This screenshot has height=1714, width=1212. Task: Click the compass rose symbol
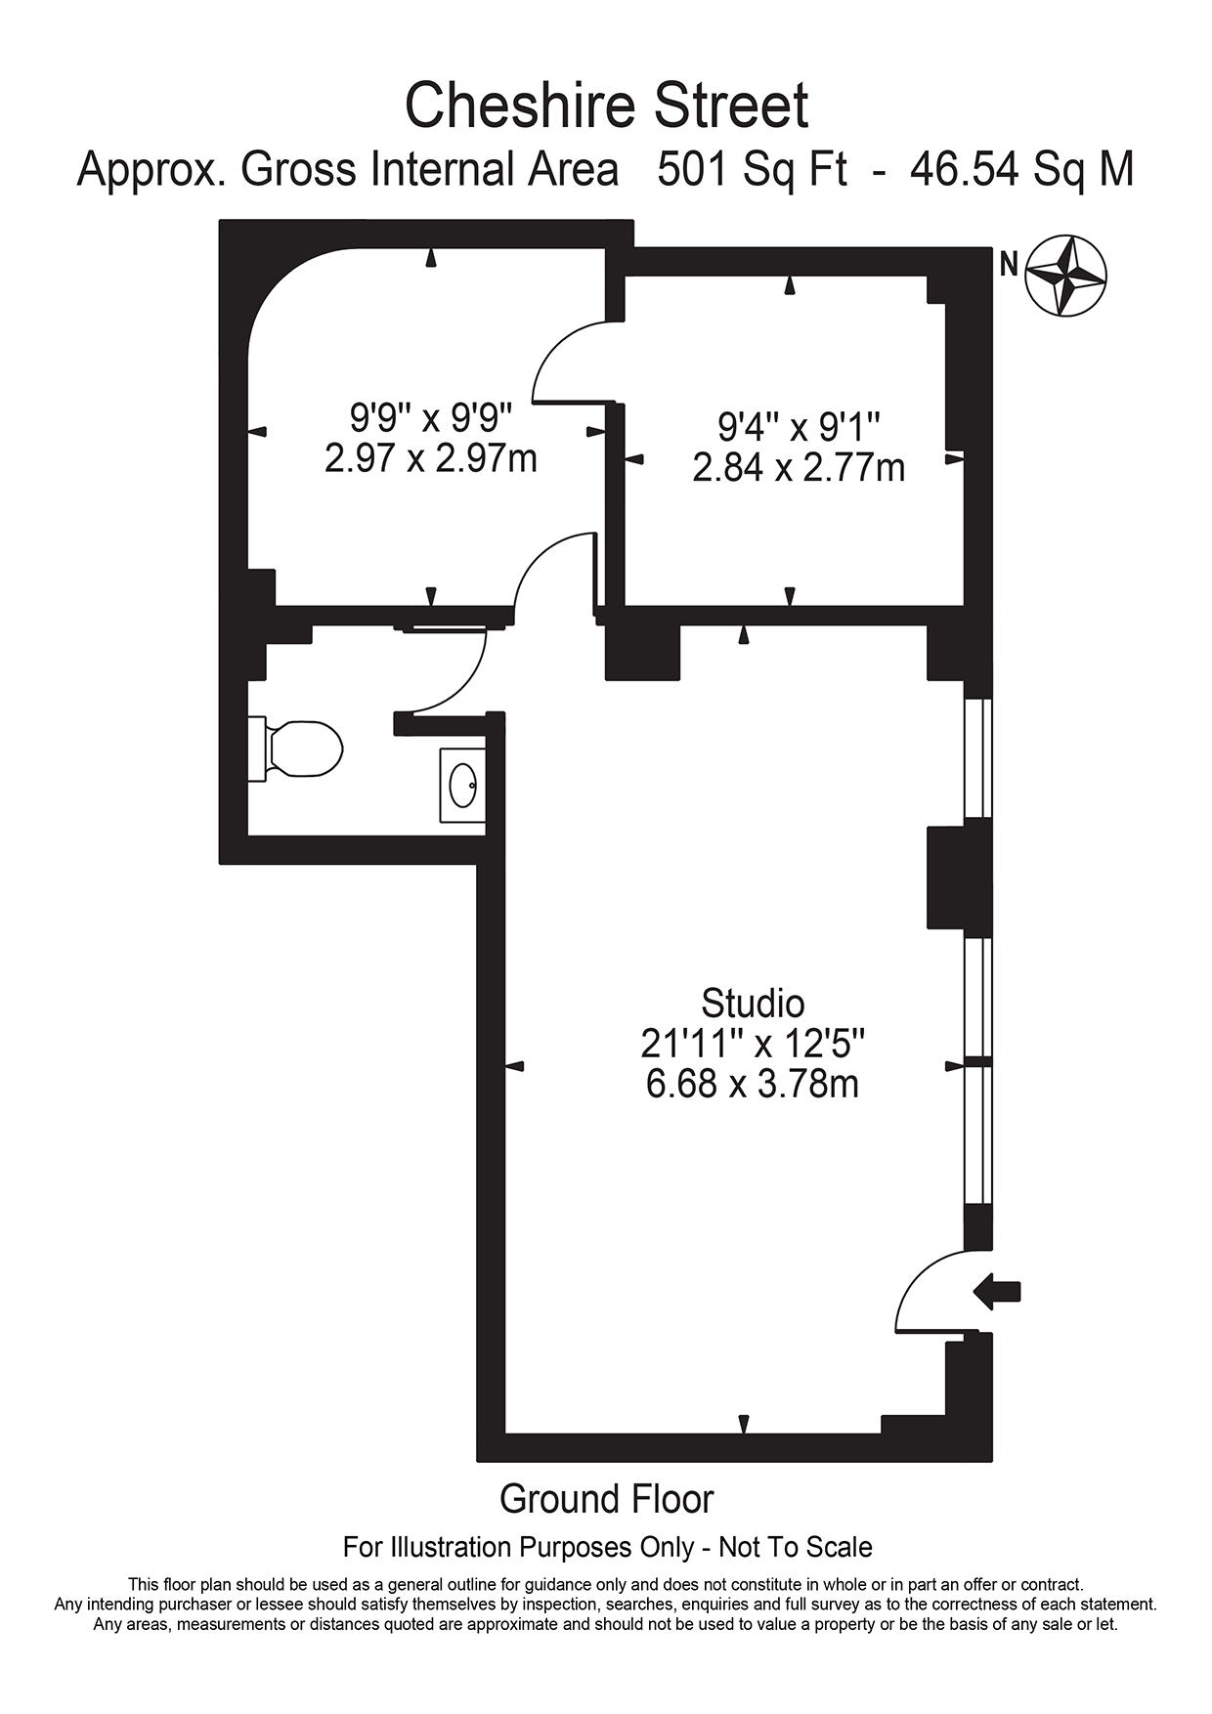click(x=1065, y=276)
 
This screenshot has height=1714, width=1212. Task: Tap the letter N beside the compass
click(x=1009, y=264)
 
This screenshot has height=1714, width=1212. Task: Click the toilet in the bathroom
click(x=295, y=750)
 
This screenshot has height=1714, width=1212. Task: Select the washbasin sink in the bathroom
click(x=461, y=785)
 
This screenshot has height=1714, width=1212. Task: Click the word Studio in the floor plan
click(x=753, y=1004)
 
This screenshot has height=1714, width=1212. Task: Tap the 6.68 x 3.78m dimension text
click(x=753, y=1084)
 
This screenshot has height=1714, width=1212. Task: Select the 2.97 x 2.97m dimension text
click(x=431, y=458)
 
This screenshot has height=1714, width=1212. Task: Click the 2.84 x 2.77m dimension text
click(x=799, y=468)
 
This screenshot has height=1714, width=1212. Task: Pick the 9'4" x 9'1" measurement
click(x=800, y=427)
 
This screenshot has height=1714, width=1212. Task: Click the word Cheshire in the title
click(x=523, y=106)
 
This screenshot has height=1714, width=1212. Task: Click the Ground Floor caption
click(x=607, y=1498)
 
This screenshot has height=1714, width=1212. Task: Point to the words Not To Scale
click(x=796, y=1548)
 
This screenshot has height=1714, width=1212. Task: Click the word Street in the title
click(x=732, y=106)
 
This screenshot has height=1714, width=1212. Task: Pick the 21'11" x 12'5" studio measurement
click(x=753, y=1044)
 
